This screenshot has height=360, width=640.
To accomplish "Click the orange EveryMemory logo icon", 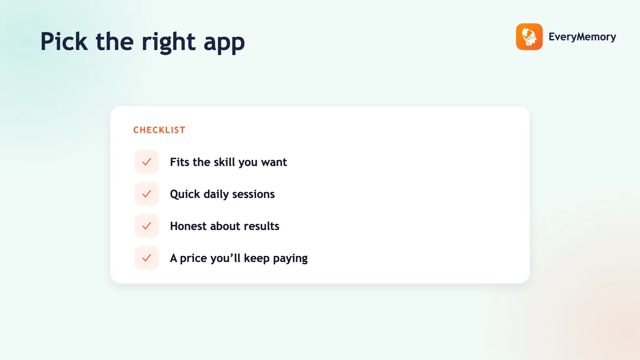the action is pyautogui.click(x=529, y=36).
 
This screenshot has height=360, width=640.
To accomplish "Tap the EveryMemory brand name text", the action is pyautogui.click(x=582, y=37).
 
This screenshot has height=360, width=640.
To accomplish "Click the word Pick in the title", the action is pyautogui.click(x=64, y=42).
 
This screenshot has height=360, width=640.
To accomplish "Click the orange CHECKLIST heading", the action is pyautogui.click(x=160, y=130).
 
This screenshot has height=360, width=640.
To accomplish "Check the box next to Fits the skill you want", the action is pyautogui.click(x=146, y=162).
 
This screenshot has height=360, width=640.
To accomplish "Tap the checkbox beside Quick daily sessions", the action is pyautogui.click(x=146, y=194).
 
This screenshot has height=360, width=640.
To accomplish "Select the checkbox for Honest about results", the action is pyautogui.click(x=146, y=226).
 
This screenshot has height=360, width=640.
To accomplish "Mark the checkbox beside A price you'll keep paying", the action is pyautogui.click(x=146, y=258).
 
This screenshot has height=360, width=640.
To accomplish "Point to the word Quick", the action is pyautogui.click(x=185, y=194).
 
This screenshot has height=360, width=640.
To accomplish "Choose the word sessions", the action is pyautogui.click(x=254, y=194).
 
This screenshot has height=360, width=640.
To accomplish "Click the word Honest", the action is pyautogui.click(x=188, y=226).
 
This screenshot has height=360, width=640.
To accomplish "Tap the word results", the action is pyautogui.click(x=262, y=226).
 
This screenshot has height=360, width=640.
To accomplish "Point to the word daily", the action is pyautogui.click(x=216, y=194).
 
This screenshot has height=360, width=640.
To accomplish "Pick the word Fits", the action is pyautogui.click(x=180, y=162).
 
